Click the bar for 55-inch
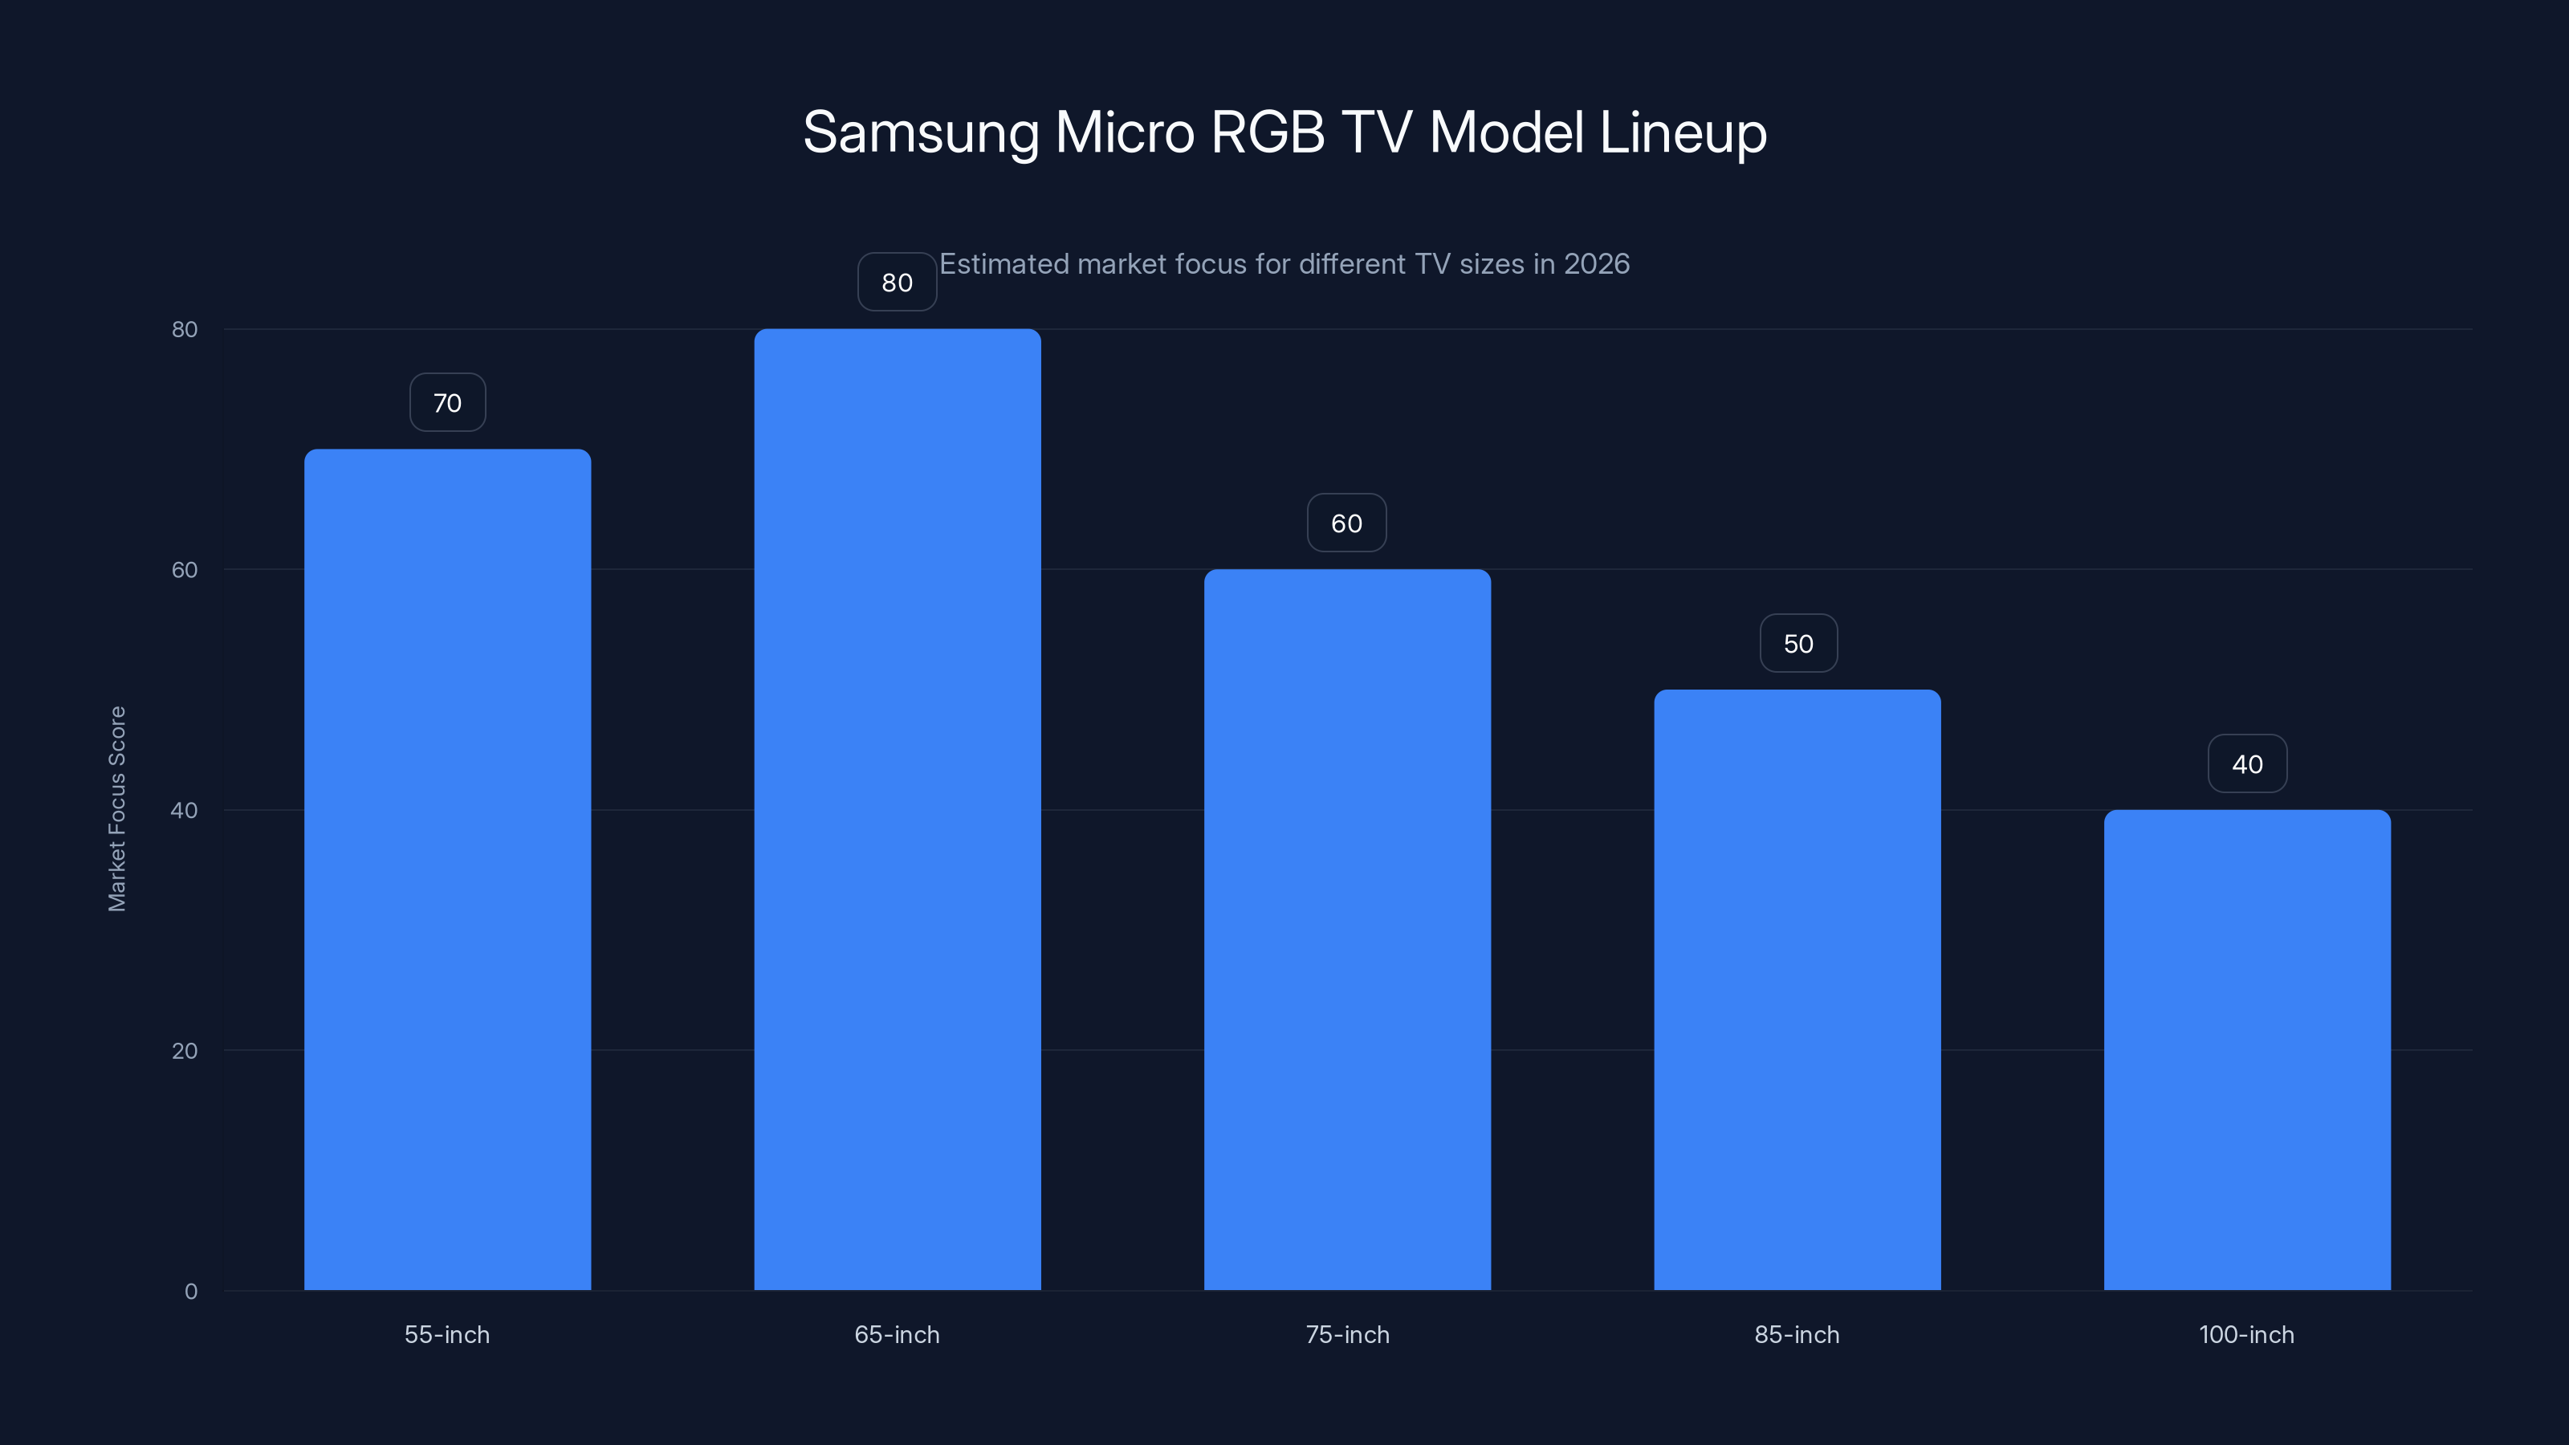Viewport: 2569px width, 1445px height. [x=447, y=869]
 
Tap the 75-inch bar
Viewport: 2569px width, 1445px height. [x=1346, y=929]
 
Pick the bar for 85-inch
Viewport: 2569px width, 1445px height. [x=1797, y=989]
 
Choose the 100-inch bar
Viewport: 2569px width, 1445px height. [x=2247, y=1049]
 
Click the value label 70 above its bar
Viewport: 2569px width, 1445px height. [x=448, y=403]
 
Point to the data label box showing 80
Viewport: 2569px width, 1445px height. [x=897, y=283]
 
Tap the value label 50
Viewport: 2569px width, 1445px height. [x=1798, y=643]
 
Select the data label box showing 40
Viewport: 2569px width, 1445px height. [x=2247, y=764]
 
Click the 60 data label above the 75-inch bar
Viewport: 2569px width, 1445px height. [x=1346, y=523]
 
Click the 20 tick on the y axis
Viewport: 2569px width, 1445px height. [x=185, y=1050]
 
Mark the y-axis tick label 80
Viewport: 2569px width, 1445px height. [x=185, y=329]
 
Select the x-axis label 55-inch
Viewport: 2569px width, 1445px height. [x=447, y=1334]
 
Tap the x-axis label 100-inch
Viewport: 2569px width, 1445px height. [x=2246, y=1334]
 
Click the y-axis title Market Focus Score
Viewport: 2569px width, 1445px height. [x=116, y=808]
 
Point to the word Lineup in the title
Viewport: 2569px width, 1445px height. [x=1683, y=132]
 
